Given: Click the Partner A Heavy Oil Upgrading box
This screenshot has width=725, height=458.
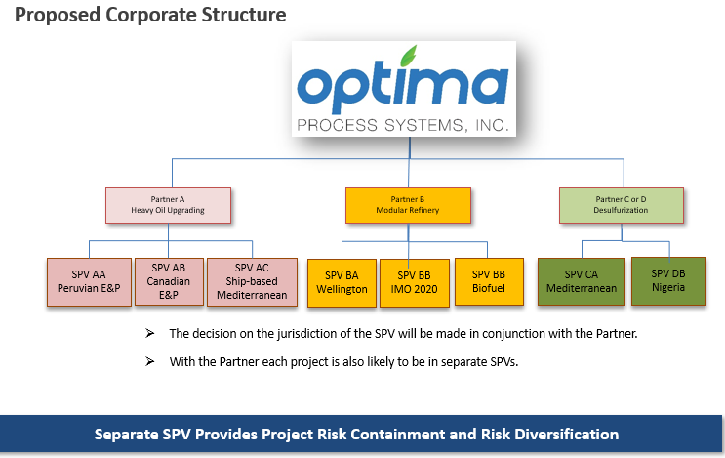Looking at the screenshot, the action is (168, 205).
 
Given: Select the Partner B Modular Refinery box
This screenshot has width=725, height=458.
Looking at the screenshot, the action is (408, 205).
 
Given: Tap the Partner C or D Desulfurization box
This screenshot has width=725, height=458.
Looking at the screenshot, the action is (622, 205).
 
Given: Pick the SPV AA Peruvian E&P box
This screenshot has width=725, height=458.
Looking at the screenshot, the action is (89, 282).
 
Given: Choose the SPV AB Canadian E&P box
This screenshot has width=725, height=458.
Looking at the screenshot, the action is (169, 282).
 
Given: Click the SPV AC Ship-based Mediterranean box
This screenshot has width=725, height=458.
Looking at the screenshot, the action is (252, 282).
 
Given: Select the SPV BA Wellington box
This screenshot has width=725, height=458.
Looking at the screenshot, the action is (342, 283).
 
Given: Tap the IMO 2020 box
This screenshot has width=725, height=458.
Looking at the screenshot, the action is (415, 283).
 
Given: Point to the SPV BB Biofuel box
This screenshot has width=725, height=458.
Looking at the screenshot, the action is (489, 282).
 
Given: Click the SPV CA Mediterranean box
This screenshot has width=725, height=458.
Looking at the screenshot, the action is (582, 282).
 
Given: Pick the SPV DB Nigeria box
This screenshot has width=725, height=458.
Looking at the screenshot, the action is (668, 281).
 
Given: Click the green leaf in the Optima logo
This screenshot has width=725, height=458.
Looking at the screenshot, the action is (408, 56).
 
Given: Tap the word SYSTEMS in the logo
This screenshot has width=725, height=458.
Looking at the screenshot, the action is (424, 125).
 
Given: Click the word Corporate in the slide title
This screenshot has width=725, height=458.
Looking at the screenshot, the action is (151, 15).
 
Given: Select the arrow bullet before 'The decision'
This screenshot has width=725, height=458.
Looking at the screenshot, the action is (150, 333).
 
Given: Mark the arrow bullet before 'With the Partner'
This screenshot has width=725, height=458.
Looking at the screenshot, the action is (150, 361).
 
